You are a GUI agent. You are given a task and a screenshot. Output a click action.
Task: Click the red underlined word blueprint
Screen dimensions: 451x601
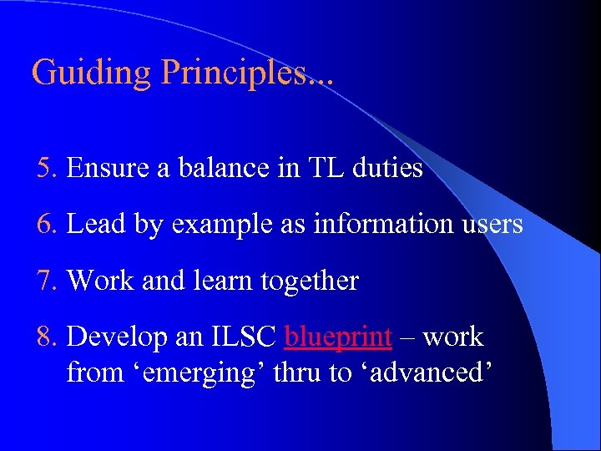338,337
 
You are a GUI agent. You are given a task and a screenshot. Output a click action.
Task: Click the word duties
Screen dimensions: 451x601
388,168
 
